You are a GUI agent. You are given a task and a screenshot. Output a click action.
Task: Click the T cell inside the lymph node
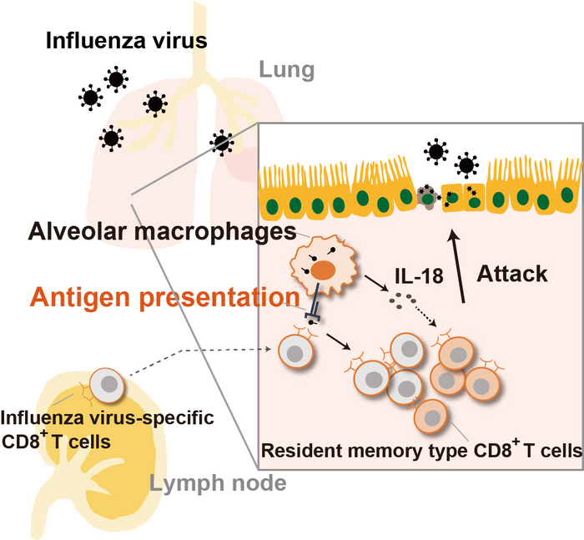[x=110, y=386]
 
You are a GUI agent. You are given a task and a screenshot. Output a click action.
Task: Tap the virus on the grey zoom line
[x=221, y=143]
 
